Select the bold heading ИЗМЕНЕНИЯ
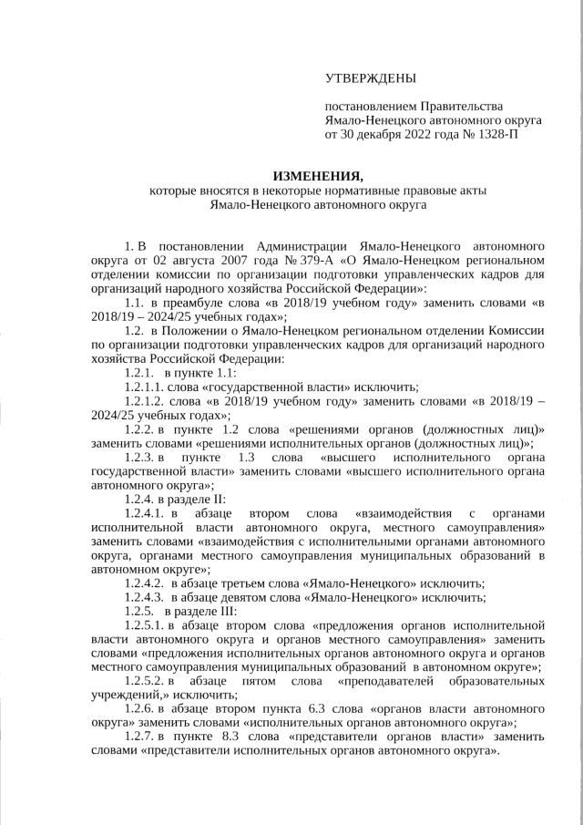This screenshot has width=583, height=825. coord(318,175)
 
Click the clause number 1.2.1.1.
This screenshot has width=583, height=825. coord(143,387)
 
